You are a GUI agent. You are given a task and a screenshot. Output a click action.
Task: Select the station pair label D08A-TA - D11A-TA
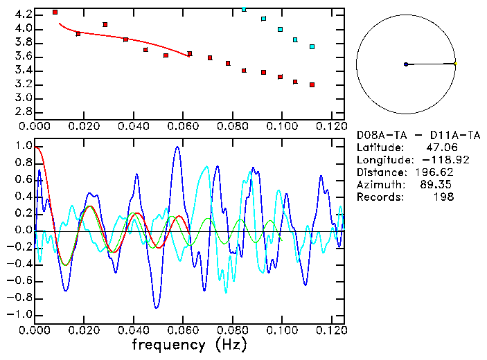418,135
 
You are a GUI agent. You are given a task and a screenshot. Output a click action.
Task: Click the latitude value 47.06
439,147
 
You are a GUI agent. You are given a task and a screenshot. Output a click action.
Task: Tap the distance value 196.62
433,172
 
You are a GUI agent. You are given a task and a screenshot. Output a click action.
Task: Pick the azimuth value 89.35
436,185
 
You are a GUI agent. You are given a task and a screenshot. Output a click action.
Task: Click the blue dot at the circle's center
406,64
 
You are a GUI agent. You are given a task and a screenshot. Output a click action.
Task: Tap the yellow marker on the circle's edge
455,64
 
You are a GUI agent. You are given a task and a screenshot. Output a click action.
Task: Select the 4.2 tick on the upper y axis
24,15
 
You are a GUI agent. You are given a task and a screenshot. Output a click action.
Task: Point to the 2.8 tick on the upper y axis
24,111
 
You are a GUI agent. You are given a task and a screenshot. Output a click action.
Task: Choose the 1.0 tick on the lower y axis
24,146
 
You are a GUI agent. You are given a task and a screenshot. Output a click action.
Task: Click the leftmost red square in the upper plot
55,12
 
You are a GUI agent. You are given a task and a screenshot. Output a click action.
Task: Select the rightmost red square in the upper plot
312,85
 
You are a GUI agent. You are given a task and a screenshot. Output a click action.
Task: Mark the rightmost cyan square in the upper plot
312,46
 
